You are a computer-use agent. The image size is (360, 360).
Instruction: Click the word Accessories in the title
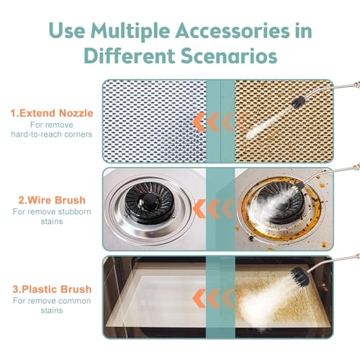pos(233,30)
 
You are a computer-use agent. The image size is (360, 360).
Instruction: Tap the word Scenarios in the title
pos(229,55)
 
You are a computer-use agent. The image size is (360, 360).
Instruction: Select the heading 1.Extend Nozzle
pos(52,113)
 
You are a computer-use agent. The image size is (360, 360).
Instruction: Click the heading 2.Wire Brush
pos(52,200)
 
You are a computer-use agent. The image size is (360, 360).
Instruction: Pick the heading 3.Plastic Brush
pos(52,289)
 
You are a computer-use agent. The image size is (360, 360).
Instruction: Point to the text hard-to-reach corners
pos(52,134)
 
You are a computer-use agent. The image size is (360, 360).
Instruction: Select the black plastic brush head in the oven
pos(300,275)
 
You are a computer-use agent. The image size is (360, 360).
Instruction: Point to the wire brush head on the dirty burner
pos(297,186)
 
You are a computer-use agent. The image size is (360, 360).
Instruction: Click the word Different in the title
pos(130,55)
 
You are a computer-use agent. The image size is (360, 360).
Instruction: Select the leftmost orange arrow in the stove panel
pos(199,209)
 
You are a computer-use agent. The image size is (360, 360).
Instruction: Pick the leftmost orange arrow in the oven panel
pos(199,298)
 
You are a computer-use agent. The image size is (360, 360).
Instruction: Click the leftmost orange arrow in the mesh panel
pos(199,122)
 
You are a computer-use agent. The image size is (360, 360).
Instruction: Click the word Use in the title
pos(67,30)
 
